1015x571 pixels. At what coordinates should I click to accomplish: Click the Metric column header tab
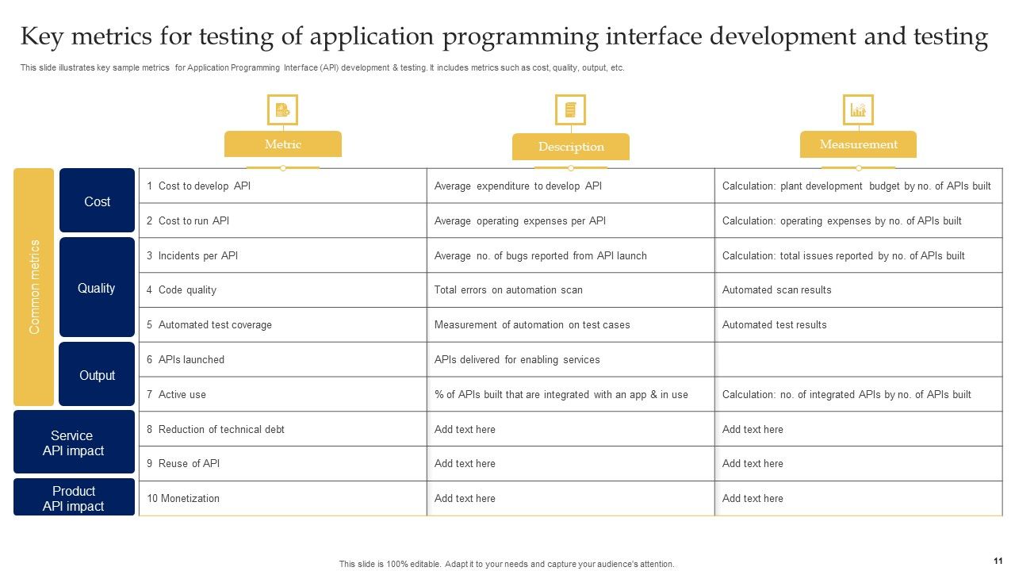(x=283, y=144)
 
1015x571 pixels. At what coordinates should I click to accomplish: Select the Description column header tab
(x=571, y=147)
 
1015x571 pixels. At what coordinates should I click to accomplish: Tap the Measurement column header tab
(x=858, y=144)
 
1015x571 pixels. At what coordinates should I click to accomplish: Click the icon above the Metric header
(x=282, y=110)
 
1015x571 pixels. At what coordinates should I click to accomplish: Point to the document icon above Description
(x=570, y=110)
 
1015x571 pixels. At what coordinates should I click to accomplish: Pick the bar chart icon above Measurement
(x=858, y=110)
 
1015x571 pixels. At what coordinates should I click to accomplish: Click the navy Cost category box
(x=97, y=201)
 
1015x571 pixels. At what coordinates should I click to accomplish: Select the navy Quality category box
(x=97, y=288)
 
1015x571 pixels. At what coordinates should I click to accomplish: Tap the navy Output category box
(x=97, y=375)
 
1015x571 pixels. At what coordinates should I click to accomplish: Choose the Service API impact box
(x=74, y=443)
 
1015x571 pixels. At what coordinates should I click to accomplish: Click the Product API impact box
(x=74, y=498)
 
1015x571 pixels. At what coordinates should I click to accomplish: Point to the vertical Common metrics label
(x=34, y=287)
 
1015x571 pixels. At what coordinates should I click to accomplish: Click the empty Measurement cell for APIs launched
(x=858, y=360)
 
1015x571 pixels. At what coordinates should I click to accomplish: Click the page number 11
(x=997, y=561)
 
